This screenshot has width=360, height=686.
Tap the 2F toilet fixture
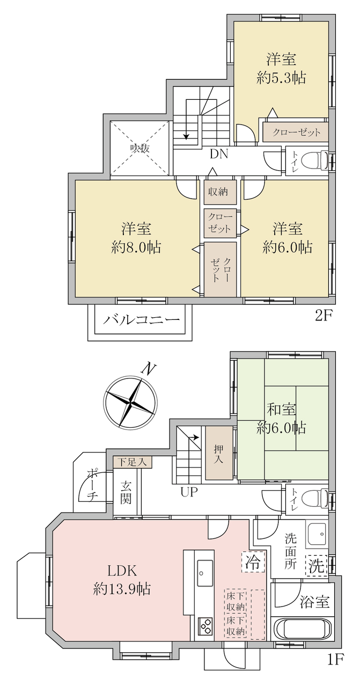tap(315, 160)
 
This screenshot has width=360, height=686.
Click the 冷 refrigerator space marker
tap(253, 561)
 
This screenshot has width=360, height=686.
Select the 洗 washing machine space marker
tap(316, 566)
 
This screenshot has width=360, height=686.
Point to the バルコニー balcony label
tap(141, 320)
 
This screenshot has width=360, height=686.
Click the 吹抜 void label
tap(140, 149)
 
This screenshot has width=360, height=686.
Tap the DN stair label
tap(219, 155)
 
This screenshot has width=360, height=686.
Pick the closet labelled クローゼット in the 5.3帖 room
tap(296, 132)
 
